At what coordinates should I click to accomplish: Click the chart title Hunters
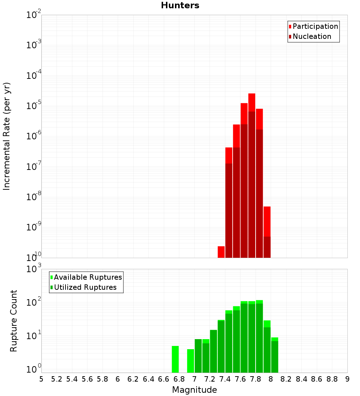coord(180,5)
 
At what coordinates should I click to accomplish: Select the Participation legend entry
coord(315,26)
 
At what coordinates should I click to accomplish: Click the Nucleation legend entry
coord(311,36)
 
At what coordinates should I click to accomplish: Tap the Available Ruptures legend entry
coord(87,277)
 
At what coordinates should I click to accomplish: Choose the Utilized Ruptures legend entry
coord(85,287)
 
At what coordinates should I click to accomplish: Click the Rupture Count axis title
coord(14,320)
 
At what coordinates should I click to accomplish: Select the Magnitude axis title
coord(194,390)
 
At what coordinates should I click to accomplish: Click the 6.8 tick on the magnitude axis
coord(179,379)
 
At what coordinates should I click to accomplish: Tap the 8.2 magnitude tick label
coord(286,379)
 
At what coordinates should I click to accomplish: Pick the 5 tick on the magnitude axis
coord(41,379)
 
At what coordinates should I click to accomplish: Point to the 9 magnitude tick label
coord(347,379)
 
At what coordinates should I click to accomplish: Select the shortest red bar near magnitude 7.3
coord(221,252)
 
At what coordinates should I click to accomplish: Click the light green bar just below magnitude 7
coord(190,361)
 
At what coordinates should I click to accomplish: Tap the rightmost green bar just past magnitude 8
coord(275,355)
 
